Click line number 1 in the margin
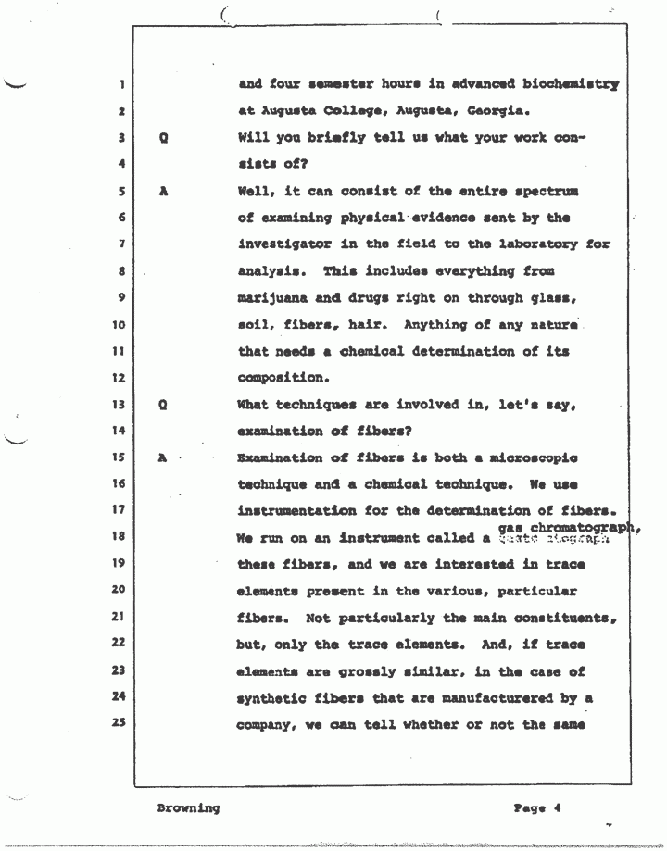(122, 86)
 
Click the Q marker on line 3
(163, 138)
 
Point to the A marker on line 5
(163, 192)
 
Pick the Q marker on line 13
(163, 405)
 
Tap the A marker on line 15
(163, 457)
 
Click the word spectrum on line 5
(543, 192)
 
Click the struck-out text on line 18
(554, 538)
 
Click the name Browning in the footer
(188, 807)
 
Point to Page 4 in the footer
(538, 807)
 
